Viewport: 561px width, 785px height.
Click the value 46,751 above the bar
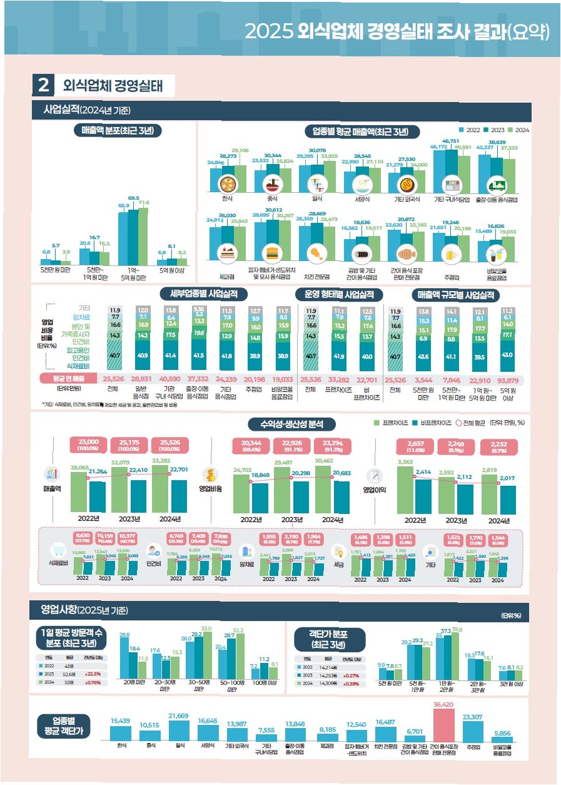[x=451, y=141]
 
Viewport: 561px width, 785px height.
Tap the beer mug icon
[x=448, y=254]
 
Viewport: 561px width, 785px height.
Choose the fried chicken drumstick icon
[x=316, y=254]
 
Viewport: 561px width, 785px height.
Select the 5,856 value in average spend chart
[x=502, y=732]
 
